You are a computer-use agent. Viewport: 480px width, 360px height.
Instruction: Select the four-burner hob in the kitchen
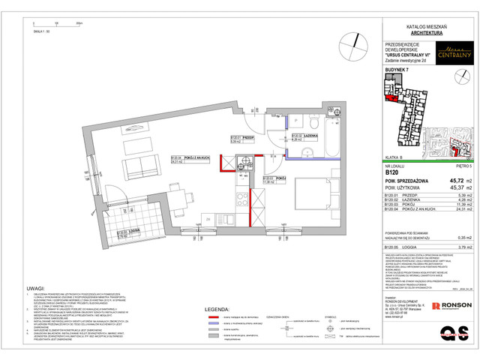[x=244, y=198]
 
